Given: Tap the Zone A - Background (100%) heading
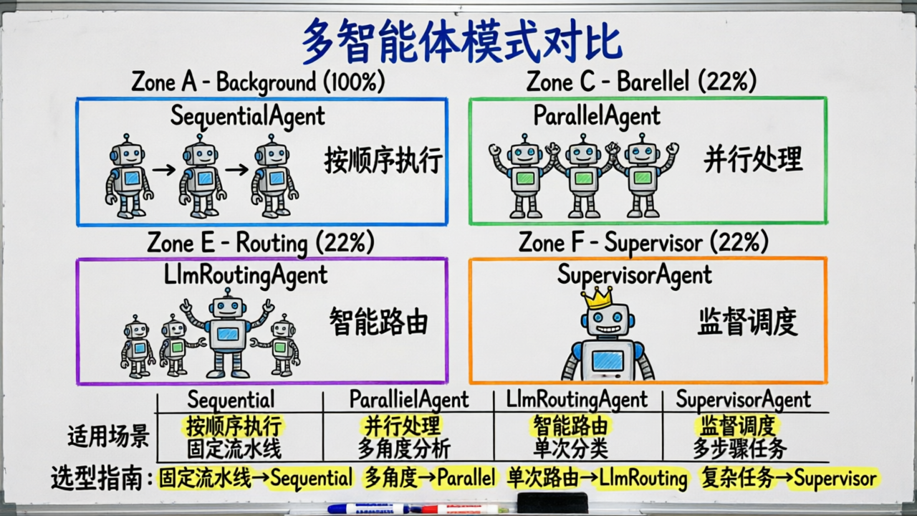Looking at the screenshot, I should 258,82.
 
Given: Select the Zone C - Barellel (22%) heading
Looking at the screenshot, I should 641,82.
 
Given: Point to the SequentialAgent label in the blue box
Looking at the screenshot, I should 247,115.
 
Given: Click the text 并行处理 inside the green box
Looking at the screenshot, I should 752,161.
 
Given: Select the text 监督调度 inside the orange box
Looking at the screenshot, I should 747,322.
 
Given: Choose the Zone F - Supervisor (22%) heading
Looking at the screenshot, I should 643,243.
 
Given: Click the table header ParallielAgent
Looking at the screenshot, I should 408,399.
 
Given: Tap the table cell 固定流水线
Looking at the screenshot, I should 234,449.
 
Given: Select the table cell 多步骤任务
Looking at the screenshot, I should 739,449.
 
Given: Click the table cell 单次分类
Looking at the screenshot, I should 570,449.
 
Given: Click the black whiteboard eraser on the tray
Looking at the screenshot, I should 552,502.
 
